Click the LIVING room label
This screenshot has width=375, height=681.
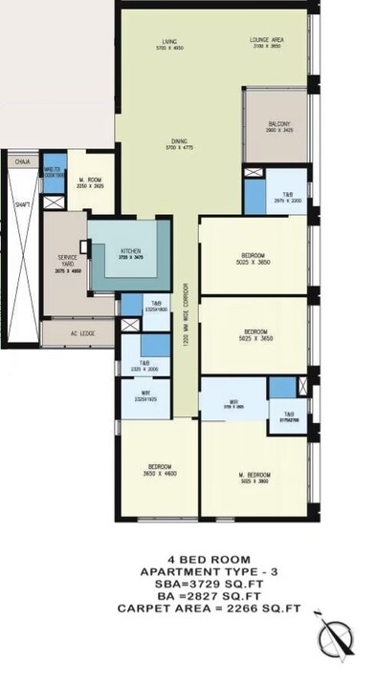[x=169, y=41]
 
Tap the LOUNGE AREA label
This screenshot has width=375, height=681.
[x=267, y=41]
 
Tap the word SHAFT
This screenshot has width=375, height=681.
[x=22, y=203]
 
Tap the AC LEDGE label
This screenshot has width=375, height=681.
[x=80, y=335]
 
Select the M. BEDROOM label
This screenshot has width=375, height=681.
[x=253, y=475]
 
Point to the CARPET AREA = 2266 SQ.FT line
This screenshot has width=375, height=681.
[x=187, y=607]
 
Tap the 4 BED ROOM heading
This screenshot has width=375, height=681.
[x=187, y=559]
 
